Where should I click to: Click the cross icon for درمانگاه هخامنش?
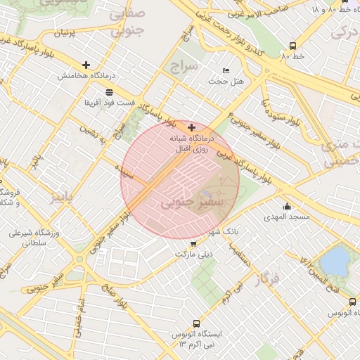click(x=86, y=65)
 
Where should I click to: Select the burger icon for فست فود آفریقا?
click(x=109, y=92)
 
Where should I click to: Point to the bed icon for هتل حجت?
click(x=226, y=70)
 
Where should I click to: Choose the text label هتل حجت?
click(x=226, y=81)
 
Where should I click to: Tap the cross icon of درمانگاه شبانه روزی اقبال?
click(x=191, y=127)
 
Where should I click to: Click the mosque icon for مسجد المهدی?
click(x=287, y=207)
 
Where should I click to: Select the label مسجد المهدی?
click(x=286, y=217)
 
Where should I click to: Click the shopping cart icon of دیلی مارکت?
click(x=193, y=243)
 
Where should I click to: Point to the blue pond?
click(x=336, y=261)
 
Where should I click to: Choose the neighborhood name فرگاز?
click(x=269, y=279)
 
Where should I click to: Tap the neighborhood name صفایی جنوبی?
click(x=127, y=21)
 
